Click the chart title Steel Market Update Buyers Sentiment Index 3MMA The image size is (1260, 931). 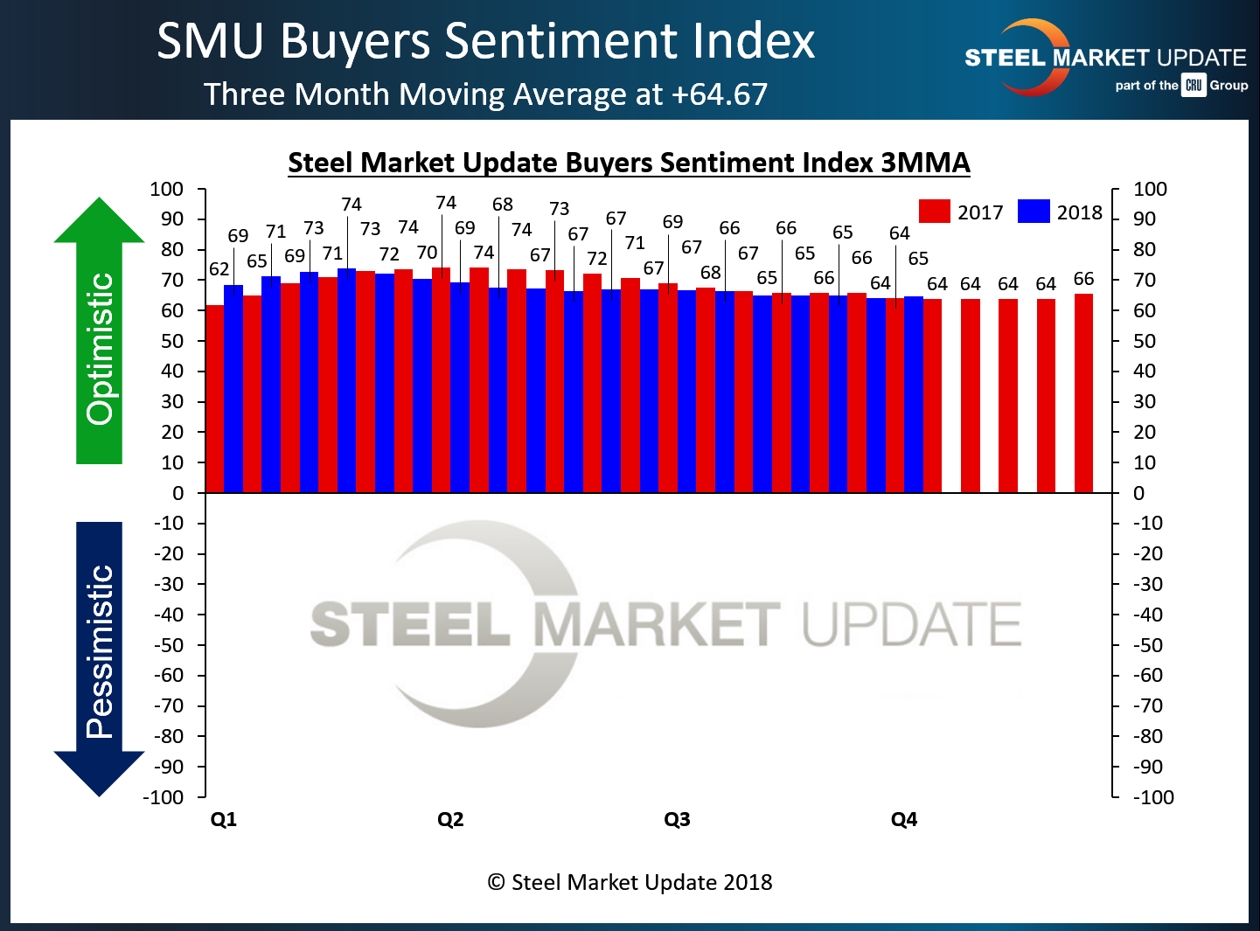[x=629, y=163]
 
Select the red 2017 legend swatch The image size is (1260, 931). [x=934, y=212]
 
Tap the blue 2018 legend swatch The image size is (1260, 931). [x=1034, y=212]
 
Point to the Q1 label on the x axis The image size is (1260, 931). [x=224, y=819]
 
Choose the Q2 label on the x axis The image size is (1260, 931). [x=450, y=819]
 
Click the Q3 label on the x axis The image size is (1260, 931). [x=677, y=819]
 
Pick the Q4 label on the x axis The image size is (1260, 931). [x=904, y=819]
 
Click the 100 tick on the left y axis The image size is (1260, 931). [x=167, y=189]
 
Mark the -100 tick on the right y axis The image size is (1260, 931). [x=1153, y=796]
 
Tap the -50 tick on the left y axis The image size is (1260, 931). [x=169, y=645]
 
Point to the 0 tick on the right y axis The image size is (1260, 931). [x=1138, y=493]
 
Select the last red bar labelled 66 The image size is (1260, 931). [x=1083, y=393]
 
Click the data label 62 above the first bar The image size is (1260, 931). [x=219, y=269]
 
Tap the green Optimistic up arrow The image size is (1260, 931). [x=99, y=332]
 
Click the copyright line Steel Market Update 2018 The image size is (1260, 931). [x=630, y=882]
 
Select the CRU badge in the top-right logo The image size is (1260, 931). [x=1194, y=85]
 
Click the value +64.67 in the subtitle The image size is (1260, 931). [x=720, y=94]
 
